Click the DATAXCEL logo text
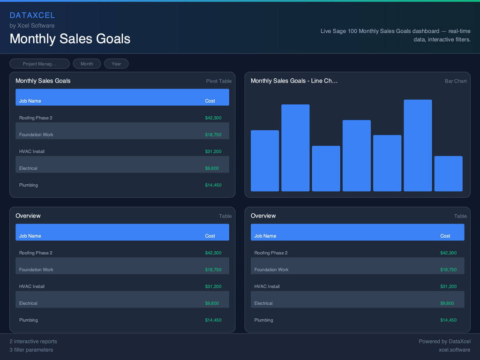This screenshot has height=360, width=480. (x=32, y=15)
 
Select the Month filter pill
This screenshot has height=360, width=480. (x=87, y=64)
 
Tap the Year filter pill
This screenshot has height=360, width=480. (x=116, y=64)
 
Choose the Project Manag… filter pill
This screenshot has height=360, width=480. (x=39, y=64)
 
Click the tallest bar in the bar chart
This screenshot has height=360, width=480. (x=418, y=145)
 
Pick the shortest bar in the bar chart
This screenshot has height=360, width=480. (x=448, y=173)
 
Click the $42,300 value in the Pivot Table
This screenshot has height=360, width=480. (x=213, y=118)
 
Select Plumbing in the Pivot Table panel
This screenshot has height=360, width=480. (x=29, y=185)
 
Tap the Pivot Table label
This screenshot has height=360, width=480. (x=218, y=81)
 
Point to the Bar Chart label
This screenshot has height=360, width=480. (x=456, y=81)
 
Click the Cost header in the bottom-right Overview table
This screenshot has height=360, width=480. (x=445, y=236)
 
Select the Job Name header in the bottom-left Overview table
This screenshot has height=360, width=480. (x=30, y=236)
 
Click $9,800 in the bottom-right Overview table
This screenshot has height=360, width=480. (x=447, y=303)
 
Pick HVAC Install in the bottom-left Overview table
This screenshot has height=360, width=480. (x=32, y=286)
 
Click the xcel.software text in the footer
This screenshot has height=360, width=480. (x=454, y=350)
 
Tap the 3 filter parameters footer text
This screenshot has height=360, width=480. (x=31, y=350)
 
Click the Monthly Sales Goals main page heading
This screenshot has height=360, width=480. (x=70, y=38)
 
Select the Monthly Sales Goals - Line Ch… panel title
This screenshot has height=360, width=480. (x=294, y=81)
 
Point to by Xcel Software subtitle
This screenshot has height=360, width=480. (x=32, y=26)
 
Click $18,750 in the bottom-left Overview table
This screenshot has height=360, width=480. (x=213, y=270)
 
